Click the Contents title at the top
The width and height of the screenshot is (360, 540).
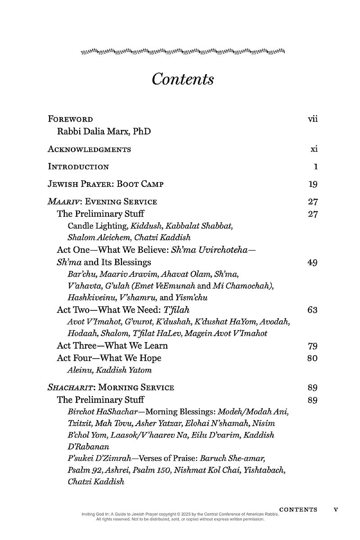182,79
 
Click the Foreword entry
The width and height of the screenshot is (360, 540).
70,119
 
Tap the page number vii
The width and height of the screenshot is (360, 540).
313,119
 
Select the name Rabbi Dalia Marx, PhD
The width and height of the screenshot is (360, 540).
103,131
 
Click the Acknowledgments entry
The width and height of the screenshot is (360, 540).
89,149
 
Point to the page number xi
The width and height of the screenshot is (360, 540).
314,149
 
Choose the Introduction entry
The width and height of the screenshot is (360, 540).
78,167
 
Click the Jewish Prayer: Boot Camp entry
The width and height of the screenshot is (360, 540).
105,184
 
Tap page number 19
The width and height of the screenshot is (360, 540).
313,184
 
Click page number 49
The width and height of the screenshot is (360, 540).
313,262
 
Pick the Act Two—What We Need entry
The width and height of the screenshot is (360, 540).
123,310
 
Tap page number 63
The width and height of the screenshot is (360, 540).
313,310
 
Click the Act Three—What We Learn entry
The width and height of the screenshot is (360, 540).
112,346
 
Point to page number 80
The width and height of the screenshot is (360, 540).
313,358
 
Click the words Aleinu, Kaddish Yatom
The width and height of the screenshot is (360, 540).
109,370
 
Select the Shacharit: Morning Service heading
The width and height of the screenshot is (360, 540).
111,387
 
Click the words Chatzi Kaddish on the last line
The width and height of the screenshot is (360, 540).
95,481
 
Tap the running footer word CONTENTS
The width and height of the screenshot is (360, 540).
298,510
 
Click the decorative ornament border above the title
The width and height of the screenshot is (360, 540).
183,52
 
